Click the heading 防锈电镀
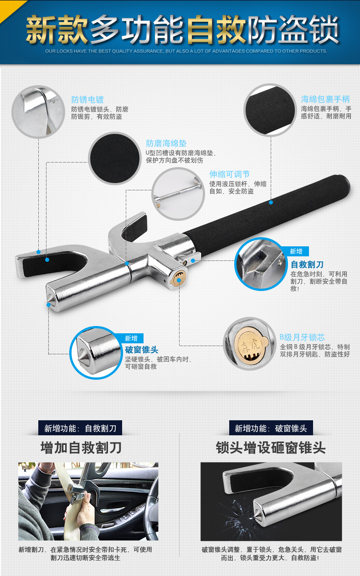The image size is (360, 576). [x=87, y=100]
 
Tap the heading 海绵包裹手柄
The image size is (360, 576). [x=325, y=99]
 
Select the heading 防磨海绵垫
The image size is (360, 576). [x=166, y=143]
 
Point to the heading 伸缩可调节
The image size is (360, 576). [x=229, y=174]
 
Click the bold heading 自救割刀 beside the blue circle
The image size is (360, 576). [x=307, y=265]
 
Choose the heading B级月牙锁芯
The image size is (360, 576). [x=302, y=337]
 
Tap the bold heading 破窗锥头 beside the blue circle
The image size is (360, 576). [x=142, y=350]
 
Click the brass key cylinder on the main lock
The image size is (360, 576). [x=178, y=279]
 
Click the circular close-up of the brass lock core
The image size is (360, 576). [x=249, y=343]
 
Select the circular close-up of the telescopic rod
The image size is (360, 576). [x=178, y=194]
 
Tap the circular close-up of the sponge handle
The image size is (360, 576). [x=270, y=110]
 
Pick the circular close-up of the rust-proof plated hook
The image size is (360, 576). [x=38, y=112]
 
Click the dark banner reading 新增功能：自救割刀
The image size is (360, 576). [x=80, y=428]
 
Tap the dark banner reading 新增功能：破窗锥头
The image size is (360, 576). [x=271, y=428]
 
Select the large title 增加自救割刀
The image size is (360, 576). [x=81, y=448]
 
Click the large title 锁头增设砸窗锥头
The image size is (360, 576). [x=271, y=448]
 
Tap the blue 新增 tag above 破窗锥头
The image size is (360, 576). [x=131, y=338]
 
